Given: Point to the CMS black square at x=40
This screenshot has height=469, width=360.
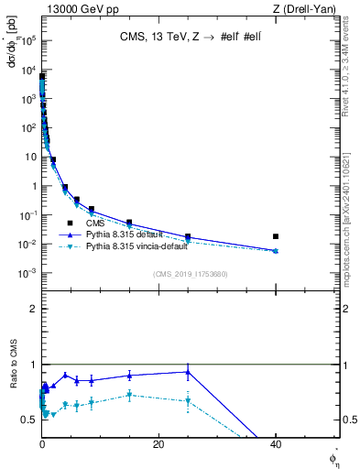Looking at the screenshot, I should point(276,236).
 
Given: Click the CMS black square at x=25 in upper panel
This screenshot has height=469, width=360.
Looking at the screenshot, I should point(188,236).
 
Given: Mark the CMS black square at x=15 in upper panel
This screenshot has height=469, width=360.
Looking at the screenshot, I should point(129,223).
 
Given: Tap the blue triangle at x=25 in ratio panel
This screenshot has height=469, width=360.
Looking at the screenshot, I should point(188,372).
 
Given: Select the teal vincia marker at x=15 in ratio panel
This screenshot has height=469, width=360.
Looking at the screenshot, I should point(129,395).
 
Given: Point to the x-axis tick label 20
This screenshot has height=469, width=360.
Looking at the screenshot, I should point(158,443).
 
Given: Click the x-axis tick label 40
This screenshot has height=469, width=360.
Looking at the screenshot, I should point(276,443).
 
